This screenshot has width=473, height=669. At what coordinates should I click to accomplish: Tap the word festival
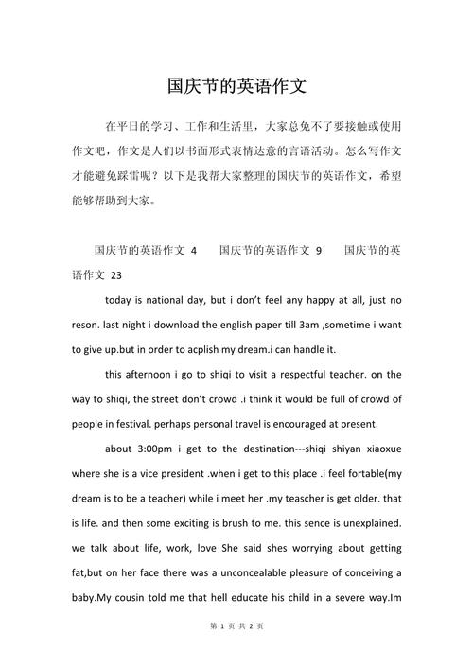tap(140, 423)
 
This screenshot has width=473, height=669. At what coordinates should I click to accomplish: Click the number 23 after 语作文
tap(116, 275)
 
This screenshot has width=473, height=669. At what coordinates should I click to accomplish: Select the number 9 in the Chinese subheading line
tap(319, 251)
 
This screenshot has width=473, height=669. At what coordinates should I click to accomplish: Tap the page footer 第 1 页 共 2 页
tap(236, 652)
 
